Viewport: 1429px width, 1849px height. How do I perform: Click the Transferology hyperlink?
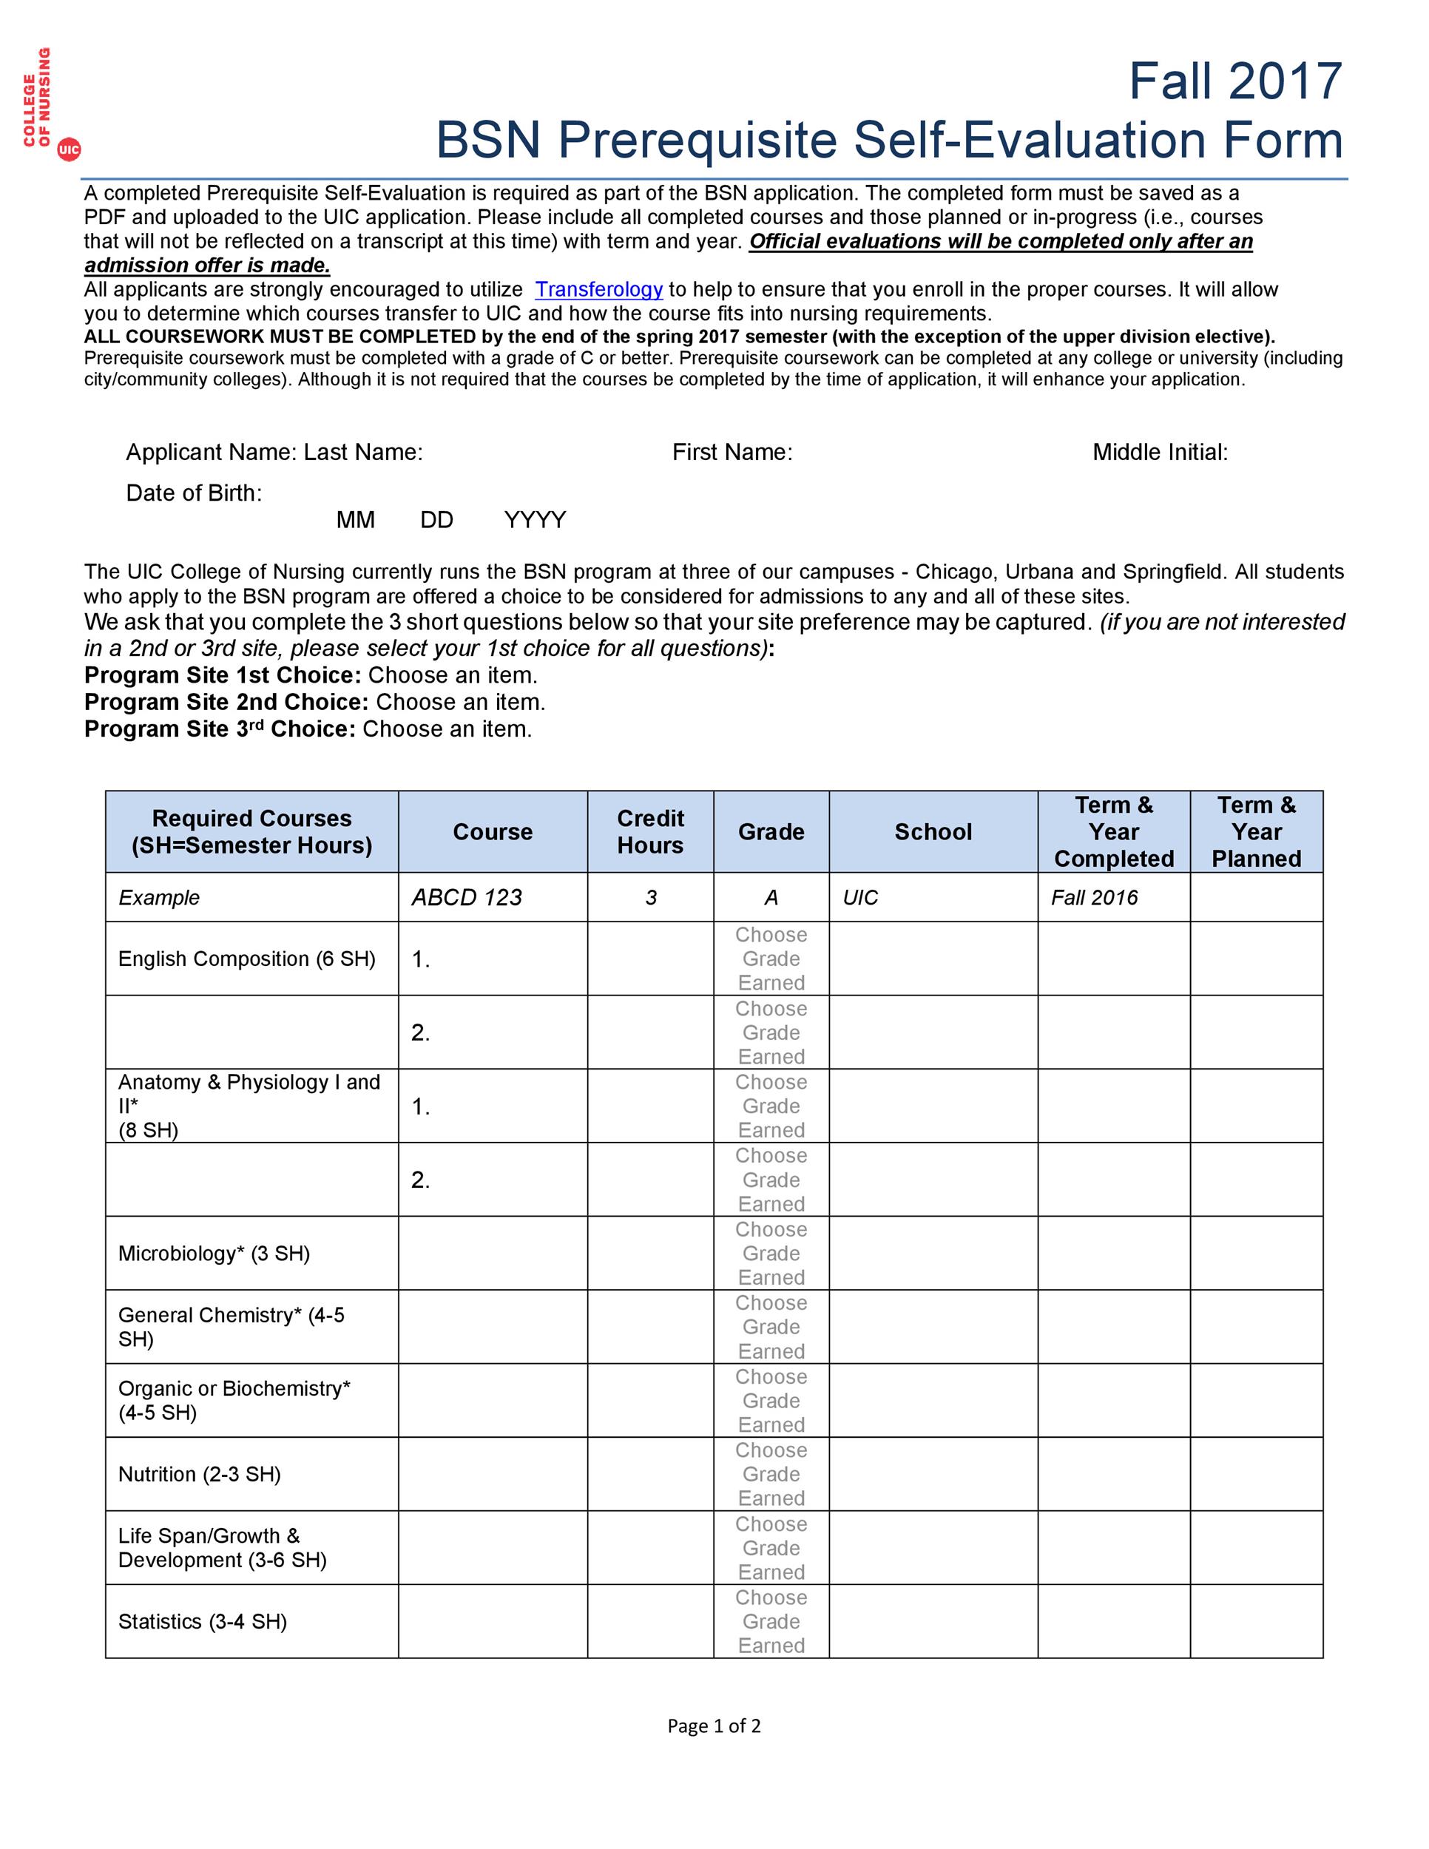598,289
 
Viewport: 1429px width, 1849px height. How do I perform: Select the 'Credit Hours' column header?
650,831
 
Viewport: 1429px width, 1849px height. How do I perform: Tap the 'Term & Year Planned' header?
1257,831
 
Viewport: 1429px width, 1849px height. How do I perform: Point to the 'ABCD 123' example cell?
467,897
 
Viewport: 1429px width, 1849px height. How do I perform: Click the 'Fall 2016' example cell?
1094,897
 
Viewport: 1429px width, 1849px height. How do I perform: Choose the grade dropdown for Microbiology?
771,1254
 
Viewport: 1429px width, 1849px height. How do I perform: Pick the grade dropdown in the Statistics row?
771,1622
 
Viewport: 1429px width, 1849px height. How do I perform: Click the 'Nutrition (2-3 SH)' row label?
200,1474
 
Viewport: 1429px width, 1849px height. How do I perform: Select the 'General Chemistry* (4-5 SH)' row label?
231,1327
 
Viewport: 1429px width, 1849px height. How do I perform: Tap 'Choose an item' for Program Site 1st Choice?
453,675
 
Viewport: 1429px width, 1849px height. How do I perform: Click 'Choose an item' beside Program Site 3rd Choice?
447,730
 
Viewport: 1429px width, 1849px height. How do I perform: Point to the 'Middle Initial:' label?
1160,452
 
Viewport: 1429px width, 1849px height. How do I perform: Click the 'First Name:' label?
732,452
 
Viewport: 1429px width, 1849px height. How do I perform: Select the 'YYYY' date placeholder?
535,520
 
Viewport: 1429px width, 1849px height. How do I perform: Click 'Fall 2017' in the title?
1235,81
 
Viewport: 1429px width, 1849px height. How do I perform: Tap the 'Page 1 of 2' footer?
714,1725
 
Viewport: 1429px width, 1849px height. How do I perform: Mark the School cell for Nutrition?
933,1474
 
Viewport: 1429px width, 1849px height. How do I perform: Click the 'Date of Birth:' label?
194,493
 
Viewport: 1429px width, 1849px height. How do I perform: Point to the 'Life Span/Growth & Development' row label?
222,1547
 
